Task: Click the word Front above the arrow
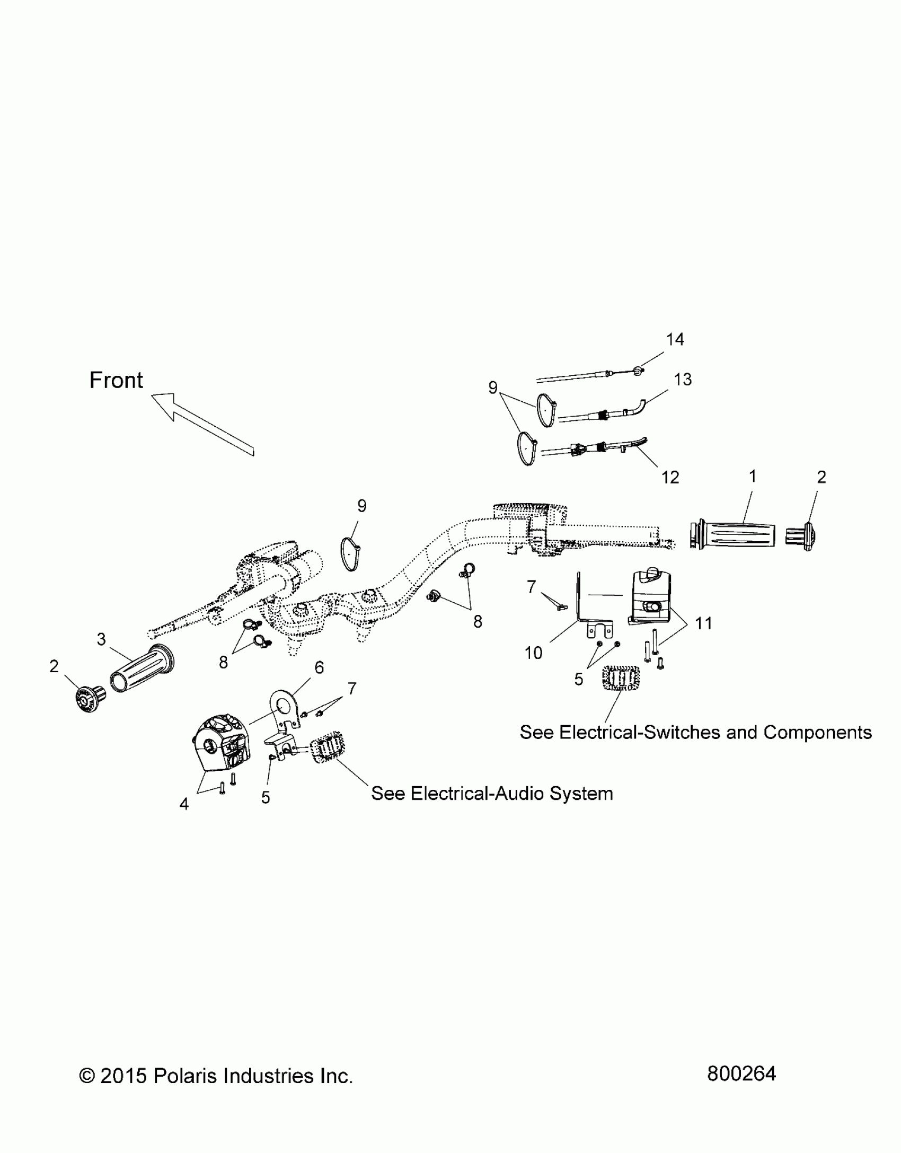(x=116, y=381)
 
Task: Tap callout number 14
(x=675, y=339)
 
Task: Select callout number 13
(x=683, y=380)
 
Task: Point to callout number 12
(x=670, y=478)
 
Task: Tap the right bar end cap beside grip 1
(x=800, y=536)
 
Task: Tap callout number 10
(x=533, y=653)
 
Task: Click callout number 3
(x=101, y=639)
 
